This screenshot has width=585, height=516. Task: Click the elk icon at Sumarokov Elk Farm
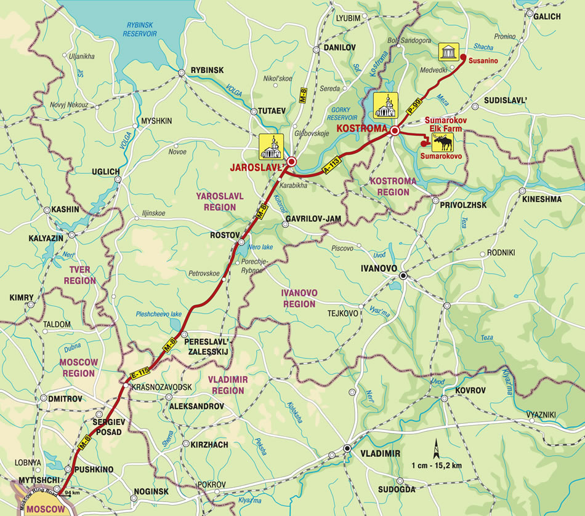point(443,143)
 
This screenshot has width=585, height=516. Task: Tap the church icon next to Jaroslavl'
point(272,146)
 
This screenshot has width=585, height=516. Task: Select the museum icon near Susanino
point(448,52)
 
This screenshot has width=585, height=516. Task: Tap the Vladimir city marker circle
point(347,448)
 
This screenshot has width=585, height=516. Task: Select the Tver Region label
point(80,276)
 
